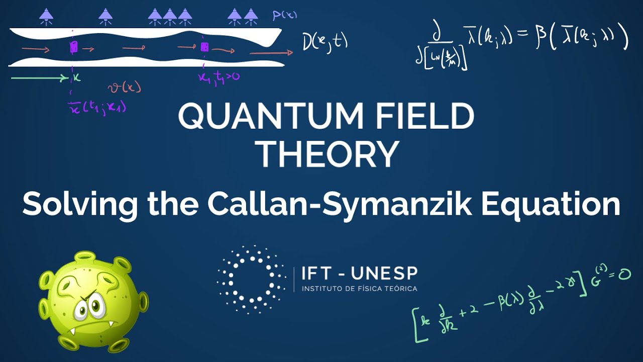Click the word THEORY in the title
click(330, 154)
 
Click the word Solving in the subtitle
click(80, 205)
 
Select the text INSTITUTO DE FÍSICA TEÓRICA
click(359, 289)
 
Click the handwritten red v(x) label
click(125, 88)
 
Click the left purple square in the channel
click(73, 48)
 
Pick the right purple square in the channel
click(204, 47)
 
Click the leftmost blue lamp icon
click(46, 17)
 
